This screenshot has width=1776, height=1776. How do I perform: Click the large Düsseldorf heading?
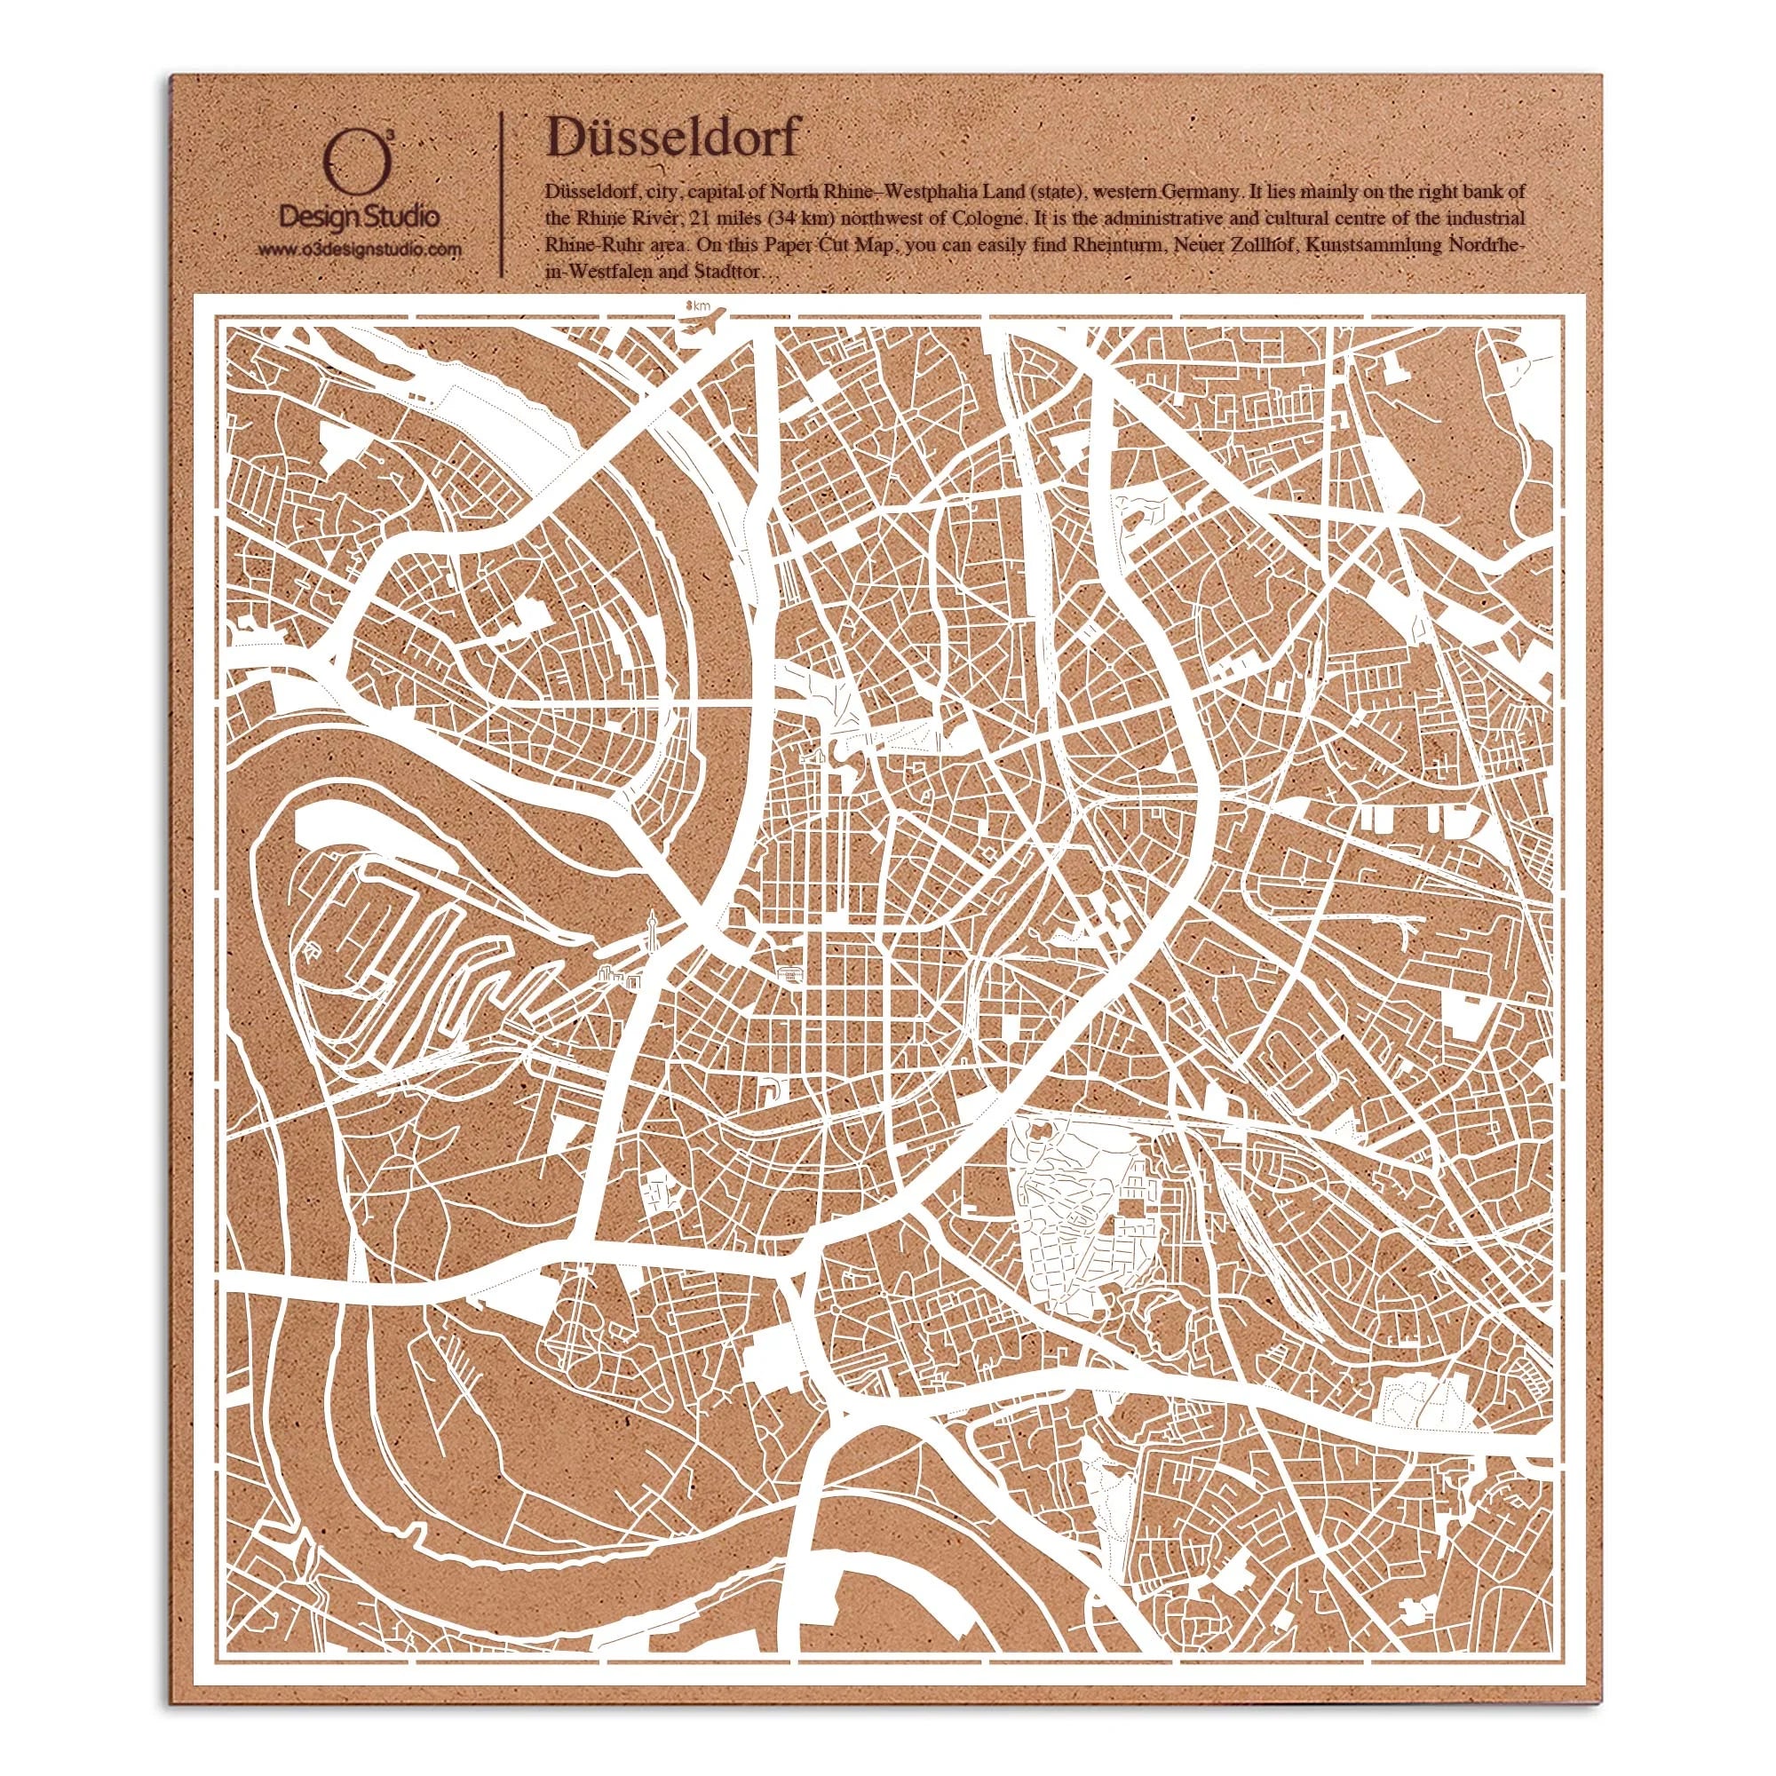(x=673, y=138)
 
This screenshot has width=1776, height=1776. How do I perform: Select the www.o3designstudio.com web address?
(x=359, y=250)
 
